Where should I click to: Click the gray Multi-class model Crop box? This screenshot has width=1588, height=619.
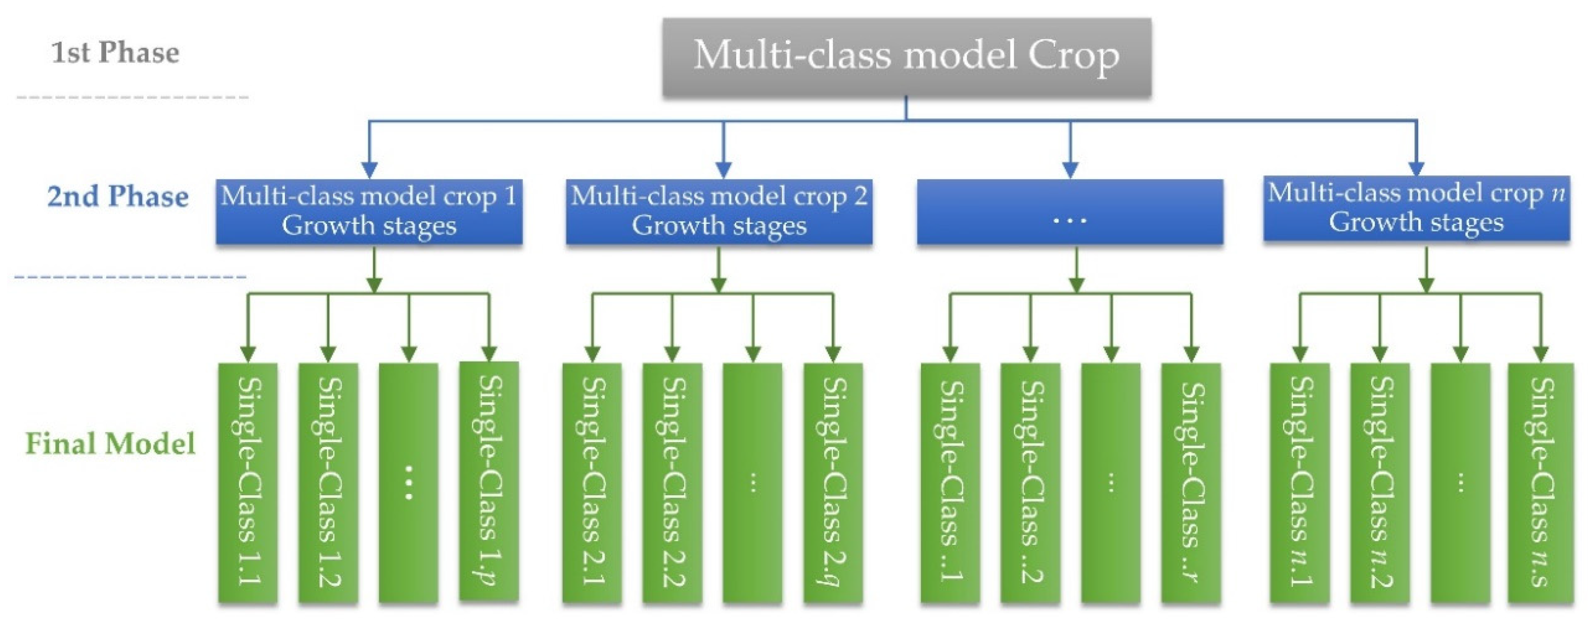point(906,57)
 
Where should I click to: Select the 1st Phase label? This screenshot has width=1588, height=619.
point(115,53)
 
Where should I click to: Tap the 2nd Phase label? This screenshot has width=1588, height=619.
point(118,197)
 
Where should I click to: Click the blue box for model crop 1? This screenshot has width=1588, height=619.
point(369,212)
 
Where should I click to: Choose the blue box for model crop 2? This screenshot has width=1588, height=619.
point(719,212)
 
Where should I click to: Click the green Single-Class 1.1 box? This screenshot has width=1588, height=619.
point(248,482)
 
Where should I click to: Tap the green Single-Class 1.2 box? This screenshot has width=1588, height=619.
point(328,482)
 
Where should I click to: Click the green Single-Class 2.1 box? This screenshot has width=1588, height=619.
point(592,482)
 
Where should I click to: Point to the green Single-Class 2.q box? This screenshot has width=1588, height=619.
point(833,482)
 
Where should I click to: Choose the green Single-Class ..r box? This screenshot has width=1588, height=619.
point(1191,482)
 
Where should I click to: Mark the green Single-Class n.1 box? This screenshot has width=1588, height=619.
point(1299,482)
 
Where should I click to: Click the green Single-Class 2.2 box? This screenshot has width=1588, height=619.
point(672,482)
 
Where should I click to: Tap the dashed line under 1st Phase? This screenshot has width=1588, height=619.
point(133,97)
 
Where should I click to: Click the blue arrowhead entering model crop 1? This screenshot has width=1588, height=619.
point(369,170)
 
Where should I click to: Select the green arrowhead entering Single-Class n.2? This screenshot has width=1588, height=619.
point(1380,354)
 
